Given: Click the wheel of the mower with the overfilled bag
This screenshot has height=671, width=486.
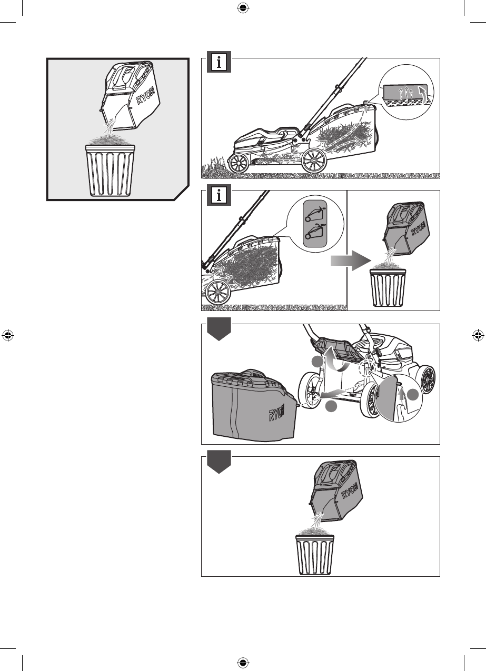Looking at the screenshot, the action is point(220,291).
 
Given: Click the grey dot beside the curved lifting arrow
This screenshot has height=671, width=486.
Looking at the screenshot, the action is point(316,362).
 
